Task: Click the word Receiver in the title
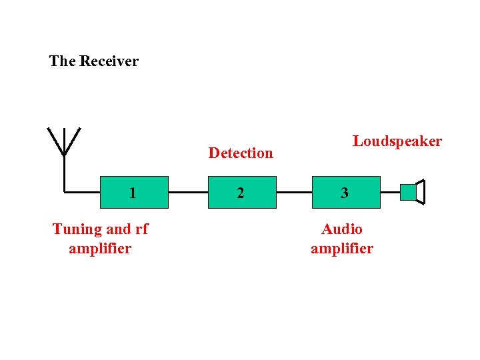pos(109,61)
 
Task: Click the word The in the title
pos(63,61)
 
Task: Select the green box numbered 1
pos(133,192)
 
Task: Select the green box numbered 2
pos(242,192)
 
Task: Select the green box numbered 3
pos(345,192)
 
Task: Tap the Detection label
pos(241,153)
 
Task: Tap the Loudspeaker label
pos(397,141)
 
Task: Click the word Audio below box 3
pos(342,229)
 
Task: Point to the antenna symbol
pos(64,143)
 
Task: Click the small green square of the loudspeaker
pos(407,192)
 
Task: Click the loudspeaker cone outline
pos(420,192)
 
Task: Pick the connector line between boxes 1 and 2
pos(189,192)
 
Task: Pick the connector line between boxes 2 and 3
pos(294,192)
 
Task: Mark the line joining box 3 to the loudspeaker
pos(390,192)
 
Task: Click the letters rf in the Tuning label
pos(141,229)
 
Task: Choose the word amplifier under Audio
pos(342,249)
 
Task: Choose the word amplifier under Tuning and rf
pos(100,249)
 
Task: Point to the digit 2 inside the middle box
pos(241,193)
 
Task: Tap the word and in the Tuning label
pos(119,229)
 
